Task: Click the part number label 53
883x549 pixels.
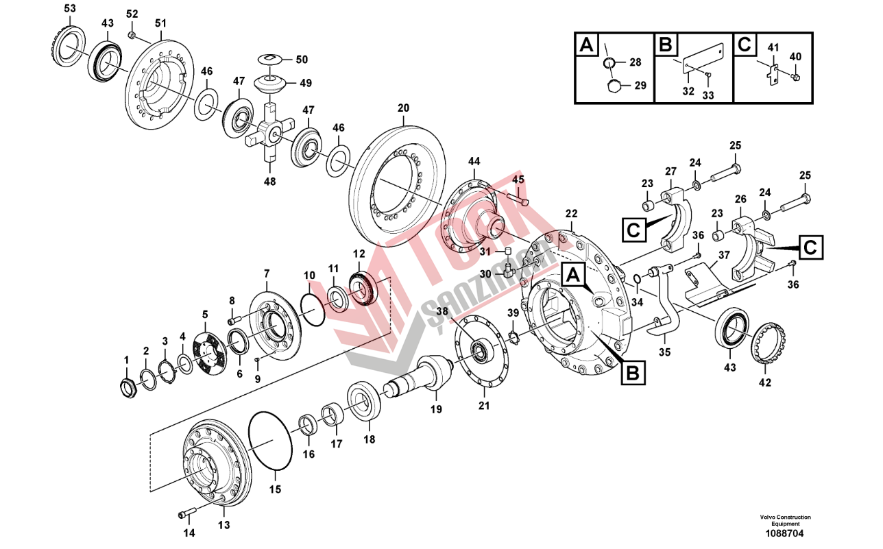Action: click(70, 9)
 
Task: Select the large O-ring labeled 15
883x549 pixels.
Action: click(270, 441)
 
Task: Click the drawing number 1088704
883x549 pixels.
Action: click(784, 534)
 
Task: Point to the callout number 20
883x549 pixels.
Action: click(403, 108)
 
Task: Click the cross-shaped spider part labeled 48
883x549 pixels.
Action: click(270, 134)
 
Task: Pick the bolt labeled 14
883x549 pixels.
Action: click(187, 513)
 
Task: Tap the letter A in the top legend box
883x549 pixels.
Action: click(587, 45)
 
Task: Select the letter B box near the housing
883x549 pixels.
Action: click(633, 372)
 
